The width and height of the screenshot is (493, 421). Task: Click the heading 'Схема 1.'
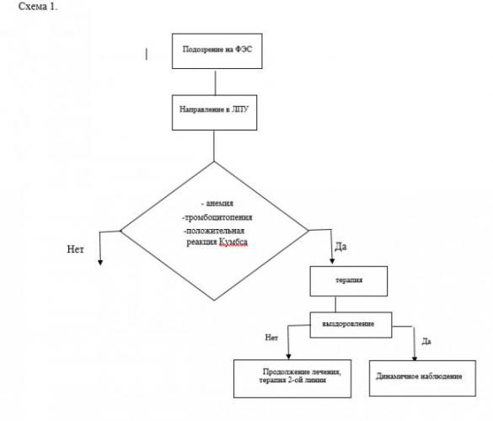tap(38, 6)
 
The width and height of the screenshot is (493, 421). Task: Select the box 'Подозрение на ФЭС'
tap(217, 51)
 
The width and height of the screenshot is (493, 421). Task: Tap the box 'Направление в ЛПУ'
tap(214, 113)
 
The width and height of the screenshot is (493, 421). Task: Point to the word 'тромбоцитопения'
tap(218, 217)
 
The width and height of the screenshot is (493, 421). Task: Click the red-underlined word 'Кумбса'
tap(233, 242)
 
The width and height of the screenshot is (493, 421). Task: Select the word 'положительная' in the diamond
tap(215, 231)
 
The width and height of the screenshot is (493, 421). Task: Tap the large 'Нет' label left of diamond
tap(76, 249)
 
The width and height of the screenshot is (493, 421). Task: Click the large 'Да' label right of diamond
tap(340, 247)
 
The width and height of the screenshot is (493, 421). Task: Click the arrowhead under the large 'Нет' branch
tap(100, 263)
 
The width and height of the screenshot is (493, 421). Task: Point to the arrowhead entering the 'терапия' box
tap(332, 261)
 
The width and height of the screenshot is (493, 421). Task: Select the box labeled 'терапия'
tap(349, 281)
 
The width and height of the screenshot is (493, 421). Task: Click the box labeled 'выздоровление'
tap(351, 325)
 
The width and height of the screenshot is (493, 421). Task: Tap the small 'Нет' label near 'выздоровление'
tap(271, 338)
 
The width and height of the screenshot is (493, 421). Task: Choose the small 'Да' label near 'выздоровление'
tap(426, 341)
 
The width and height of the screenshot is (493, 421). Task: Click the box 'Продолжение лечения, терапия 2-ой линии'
tap(292, 379)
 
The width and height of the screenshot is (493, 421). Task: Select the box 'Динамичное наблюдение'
tap(422, 378)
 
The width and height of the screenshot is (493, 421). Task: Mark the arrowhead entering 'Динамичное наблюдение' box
tap(415, 359)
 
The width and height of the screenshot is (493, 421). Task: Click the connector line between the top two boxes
tap(216, 83)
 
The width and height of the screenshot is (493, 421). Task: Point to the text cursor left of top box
tap(147, 54)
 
